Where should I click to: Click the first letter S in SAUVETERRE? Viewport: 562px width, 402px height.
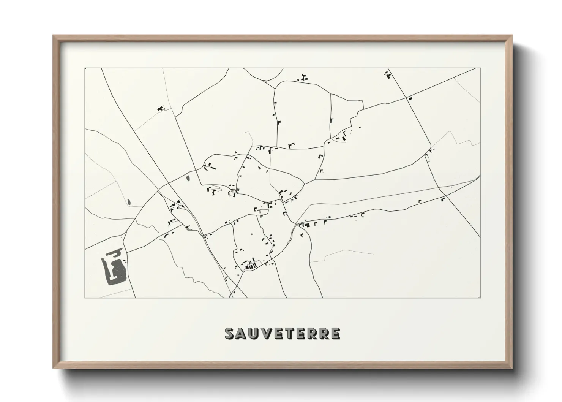pos(230,333)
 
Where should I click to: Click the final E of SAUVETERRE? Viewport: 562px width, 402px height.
pos(335,333)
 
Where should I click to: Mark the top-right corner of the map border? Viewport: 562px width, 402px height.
pos(480,68)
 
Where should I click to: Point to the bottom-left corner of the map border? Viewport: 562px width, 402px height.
pos(85,298)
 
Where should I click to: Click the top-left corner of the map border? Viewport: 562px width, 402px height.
pos(85,68)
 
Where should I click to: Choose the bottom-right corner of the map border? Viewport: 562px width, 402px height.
pos(480,298)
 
